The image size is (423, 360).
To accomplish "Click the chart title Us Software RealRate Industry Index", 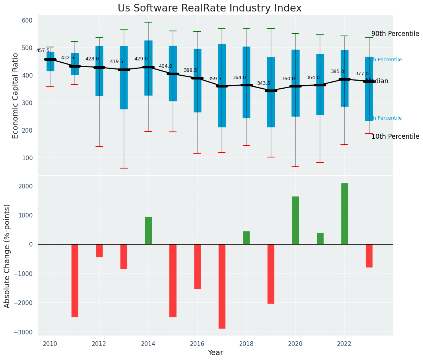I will pyautogui.click(x=209, y=8).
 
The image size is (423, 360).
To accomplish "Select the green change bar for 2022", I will pyautogui.click(x=345, y=214).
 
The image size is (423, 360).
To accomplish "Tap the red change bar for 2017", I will pyautogui.click(x=222, y=286).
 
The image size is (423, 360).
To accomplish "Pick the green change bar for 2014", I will pyautogui.click(x=148, y=230).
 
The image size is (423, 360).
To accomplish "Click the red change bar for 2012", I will pyautogui.click(x=99, y=251).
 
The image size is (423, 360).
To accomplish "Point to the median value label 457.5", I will pyautogui.click(x=43, y=50).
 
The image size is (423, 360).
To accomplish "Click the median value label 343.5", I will pyautogui.click(x=264, y=83).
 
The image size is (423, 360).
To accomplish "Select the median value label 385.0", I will pyautogui.click(x=337, y=71).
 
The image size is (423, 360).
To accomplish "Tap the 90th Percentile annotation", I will pyautogui.click(x=395, y=34).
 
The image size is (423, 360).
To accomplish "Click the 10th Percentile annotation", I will pyautogui.click(x=395, y=136).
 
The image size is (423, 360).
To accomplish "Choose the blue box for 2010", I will pyautogui.click(x=50, y=62).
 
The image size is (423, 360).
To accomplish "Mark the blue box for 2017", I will pyautogui.click(x=222, y=86).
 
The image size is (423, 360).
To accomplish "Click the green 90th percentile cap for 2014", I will pyautogui.click(x=148, y=22).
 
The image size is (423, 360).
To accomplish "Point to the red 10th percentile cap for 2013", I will pyautogui.click(x=124, y=168).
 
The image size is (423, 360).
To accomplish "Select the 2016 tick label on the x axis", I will pyautogui.click(x=197, y=344).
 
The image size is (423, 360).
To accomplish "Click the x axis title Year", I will pyautogui.click(x=216, y=353).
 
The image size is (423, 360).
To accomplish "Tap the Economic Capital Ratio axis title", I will pyautogui.click(x=16, y=96).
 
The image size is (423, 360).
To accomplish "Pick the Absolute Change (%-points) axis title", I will pyautogui.click(x=7, y=256).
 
